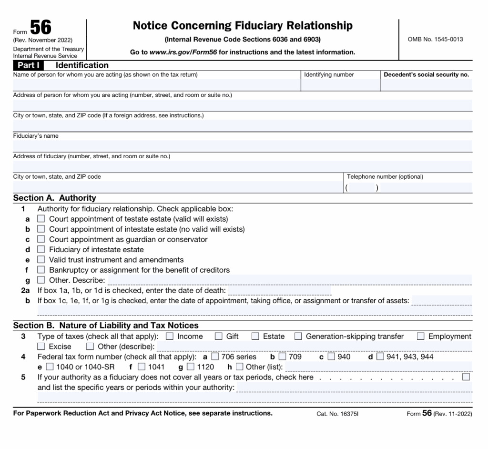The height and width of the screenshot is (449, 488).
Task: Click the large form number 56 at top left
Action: pyautogui.click(x=41, y=27)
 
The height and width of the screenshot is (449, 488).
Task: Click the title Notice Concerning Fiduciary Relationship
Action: pyautogui.click(x=243, y=26)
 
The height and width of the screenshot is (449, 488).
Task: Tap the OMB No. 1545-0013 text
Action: pyautogui.click(x=435, y=39)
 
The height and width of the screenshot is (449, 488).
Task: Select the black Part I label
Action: pyautogui.click(x=29, y=65)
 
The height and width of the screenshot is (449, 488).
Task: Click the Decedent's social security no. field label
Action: pyautogui.click(x=426, y=75)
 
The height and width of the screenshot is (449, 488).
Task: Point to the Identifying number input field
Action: pyautogui.click(x=340, y=84)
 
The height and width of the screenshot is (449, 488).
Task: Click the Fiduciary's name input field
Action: pyautogui.click(x=243, y=146)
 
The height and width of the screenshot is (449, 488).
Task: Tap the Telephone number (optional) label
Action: pyautogui.click(x=385, y=177)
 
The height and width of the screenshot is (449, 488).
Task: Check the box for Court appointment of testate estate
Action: pyautogui.click(x=41, y=219)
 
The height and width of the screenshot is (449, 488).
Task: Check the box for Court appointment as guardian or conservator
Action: pyautogui.click(x=41, y=239)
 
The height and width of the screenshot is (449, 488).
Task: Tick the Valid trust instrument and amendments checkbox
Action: pyautogui.click(x=41, y=260)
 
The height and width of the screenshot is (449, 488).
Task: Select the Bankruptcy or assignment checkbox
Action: pyautogui.click(x=41, y=270)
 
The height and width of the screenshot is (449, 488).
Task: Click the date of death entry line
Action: pyautogui.click(x=279, y=290)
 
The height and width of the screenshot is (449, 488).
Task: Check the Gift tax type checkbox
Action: pyautogui.click(x=219, y=337)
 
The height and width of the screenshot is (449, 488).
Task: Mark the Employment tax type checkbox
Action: pyautogui.click(x=420, y=337)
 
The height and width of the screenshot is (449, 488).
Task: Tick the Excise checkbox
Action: pyautogui.click(x=41, y=347)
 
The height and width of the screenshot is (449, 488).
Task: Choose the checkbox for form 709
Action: pyautogui.click(x=283, y=357)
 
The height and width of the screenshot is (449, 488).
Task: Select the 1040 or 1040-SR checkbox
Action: pyautogui.click(x=50, y=367)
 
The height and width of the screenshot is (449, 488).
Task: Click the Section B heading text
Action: pyautogui.click(x=106, y=326)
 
